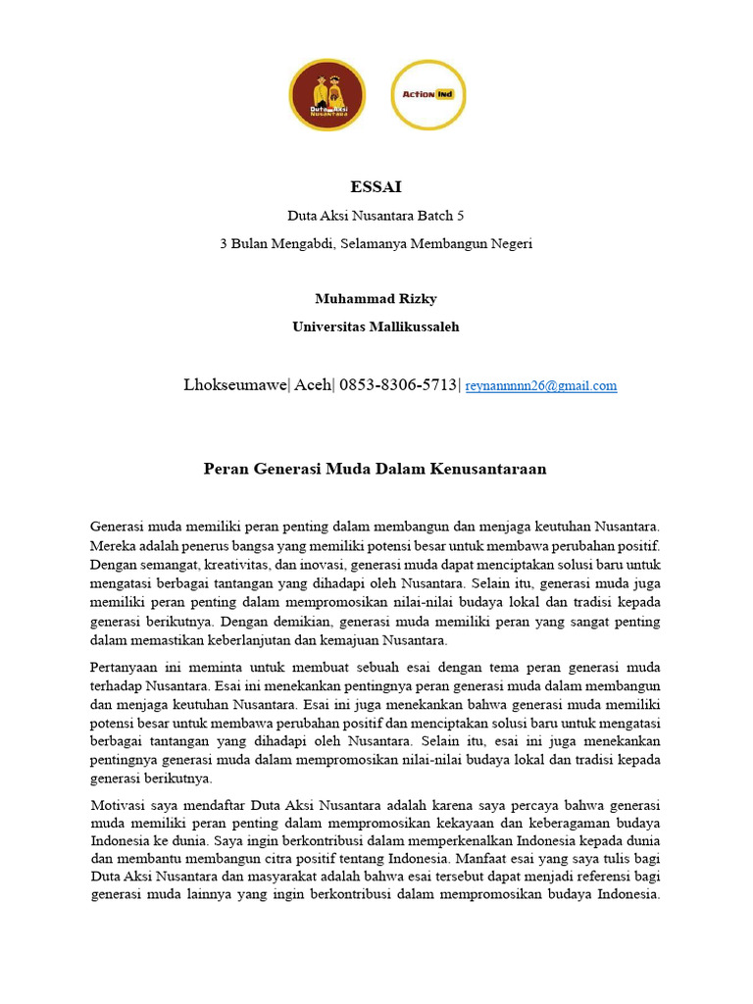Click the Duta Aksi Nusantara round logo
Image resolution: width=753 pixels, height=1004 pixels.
tap(326, 95)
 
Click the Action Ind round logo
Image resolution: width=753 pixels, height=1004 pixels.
tap(428, 95)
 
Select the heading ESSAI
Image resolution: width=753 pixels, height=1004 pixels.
tap(376, 186)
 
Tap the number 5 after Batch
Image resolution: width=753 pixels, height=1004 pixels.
tap(461, 215)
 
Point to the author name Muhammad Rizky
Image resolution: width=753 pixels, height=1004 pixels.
tap(376, 299)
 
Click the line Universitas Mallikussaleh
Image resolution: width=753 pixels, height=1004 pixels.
tap(376, 326)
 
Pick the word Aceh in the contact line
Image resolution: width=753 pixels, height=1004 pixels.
tap(314, 384)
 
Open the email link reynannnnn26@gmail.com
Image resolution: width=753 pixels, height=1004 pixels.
tap(541, 386)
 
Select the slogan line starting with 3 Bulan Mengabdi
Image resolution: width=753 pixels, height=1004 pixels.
tap(376, 243)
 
